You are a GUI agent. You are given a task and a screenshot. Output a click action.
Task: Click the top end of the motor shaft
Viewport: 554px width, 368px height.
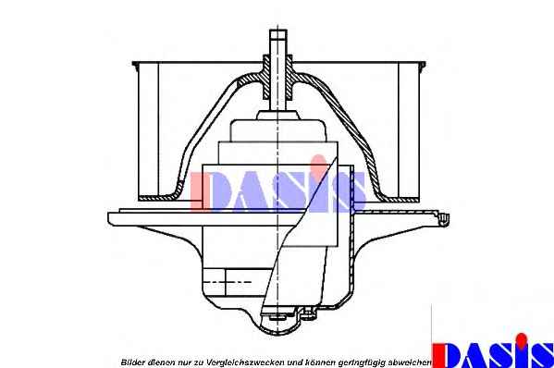(278, 31)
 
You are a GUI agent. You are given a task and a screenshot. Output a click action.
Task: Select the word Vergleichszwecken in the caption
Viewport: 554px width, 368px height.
(246, 362)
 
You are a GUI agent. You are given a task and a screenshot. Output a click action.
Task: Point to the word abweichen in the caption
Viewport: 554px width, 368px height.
(410, 362)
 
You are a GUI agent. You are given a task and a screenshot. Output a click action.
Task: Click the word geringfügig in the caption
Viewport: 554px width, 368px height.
(362, 362)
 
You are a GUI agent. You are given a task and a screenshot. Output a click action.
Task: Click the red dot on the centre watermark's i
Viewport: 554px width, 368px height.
(319, 162)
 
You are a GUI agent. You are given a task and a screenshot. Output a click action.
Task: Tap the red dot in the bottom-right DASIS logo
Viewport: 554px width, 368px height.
(521, 339)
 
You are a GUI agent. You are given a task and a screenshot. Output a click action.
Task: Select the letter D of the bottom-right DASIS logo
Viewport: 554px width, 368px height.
(449, 355)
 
